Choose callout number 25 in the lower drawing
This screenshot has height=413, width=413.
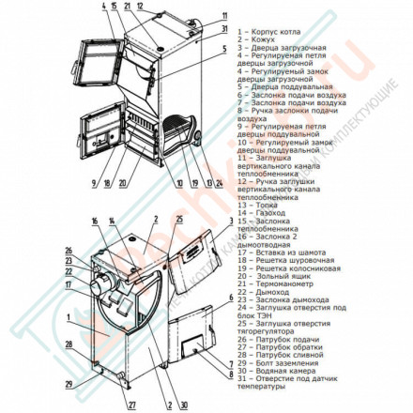178,219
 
